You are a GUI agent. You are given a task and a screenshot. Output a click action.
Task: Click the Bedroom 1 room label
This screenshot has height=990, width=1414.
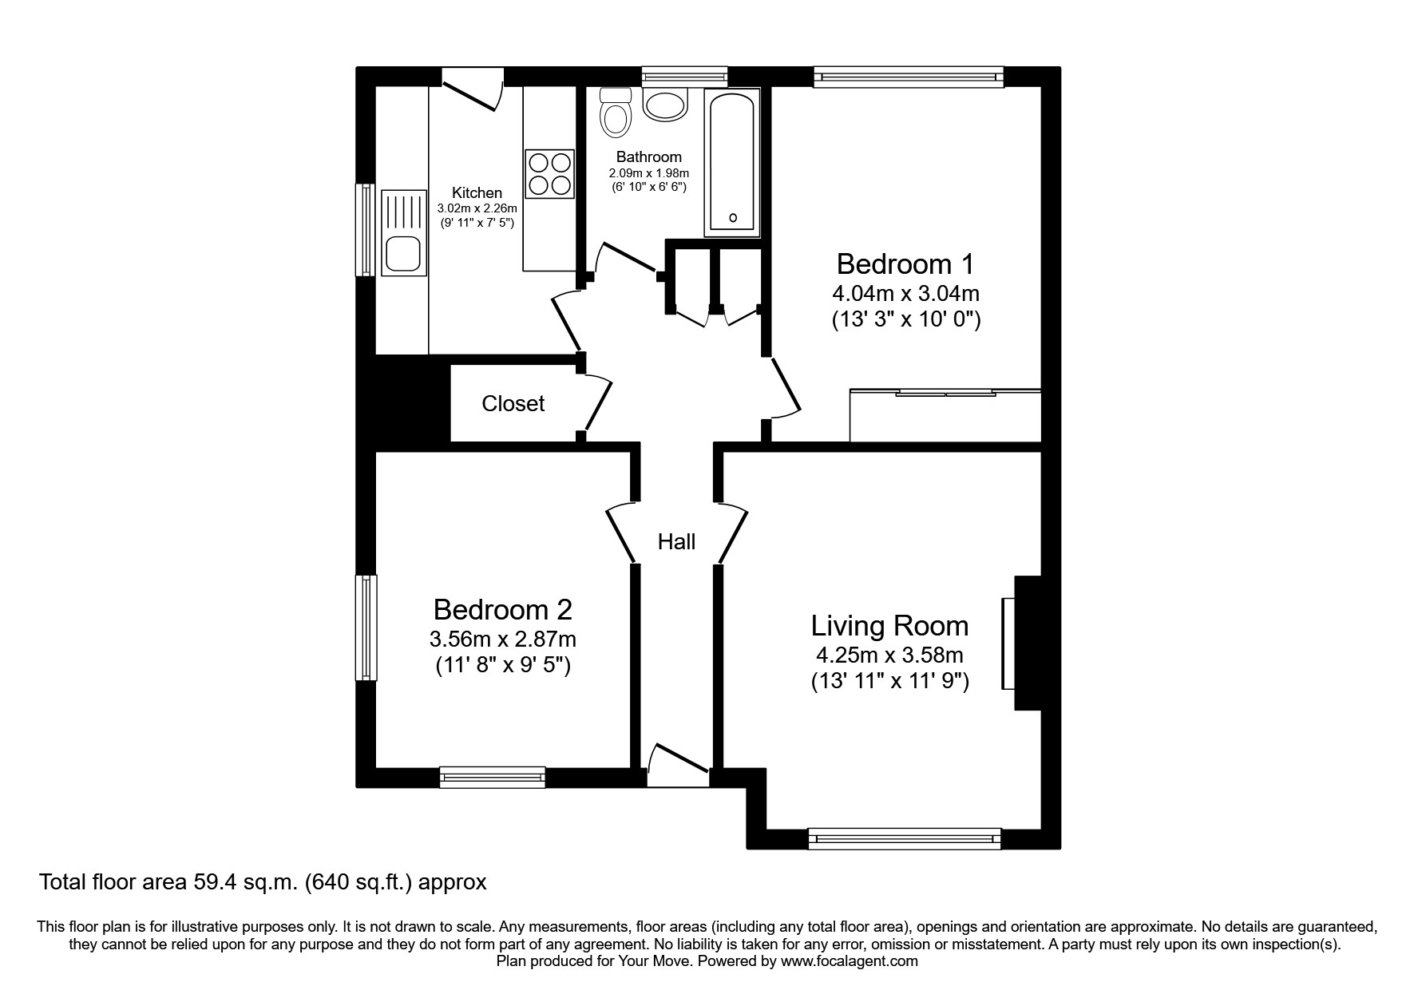coord(905,264)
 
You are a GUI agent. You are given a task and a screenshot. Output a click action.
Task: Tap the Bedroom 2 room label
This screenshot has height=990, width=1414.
coord(502,610)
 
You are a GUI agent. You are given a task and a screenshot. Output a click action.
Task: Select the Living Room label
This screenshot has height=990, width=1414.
coord(889,626)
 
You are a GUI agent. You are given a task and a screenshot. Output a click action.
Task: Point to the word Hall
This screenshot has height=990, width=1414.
coord(676,542)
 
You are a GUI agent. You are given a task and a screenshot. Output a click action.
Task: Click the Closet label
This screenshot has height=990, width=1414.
coord(513,404)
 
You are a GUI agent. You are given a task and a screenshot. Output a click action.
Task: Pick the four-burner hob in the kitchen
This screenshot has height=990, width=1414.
coord(549,174)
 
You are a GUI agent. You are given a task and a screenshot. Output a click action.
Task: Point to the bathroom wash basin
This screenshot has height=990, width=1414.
coord(666,104)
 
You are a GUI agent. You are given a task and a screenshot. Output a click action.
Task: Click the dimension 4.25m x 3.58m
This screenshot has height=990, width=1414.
coord(889,656)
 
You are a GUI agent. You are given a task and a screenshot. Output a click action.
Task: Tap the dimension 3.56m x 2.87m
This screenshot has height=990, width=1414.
coord(502,640)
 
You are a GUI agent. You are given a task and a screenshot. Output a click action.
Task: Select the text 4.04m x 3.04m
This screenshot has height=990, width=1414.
coord(905,293)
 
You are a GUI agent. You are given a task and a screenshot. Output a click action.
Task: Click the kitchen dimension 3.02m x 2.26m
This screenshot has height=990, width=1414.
coord(477,208)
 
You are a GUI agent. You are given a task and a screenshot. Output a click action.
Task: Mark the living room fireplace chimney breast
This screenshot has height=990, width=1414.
coord(1028,643)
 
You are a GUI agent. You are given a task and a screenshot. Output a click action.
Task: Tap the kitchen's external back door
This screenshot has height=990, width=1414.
coord(472,89)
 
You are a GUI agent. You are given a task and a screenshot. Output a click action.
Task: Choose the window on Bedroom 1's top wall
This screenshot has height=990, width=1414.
coord(909,77)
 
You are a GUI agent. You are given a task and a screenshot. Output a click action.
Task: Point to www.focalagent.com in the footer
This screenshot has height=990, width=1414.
coord(849,961)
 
